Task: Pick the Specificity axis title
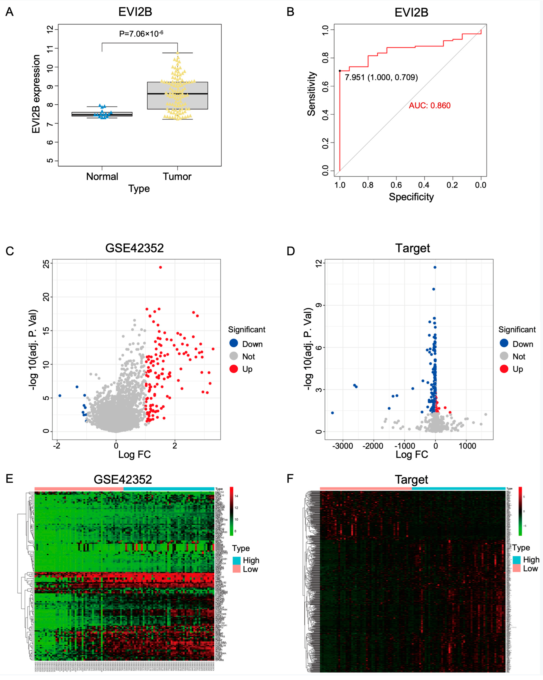[x=411, y=197]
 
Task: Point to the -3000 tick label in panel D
[x=343, y=446]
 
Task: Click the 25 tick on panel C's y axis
[x=46, y=264]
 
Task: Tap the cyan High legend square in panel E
[x=237, y=560]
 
